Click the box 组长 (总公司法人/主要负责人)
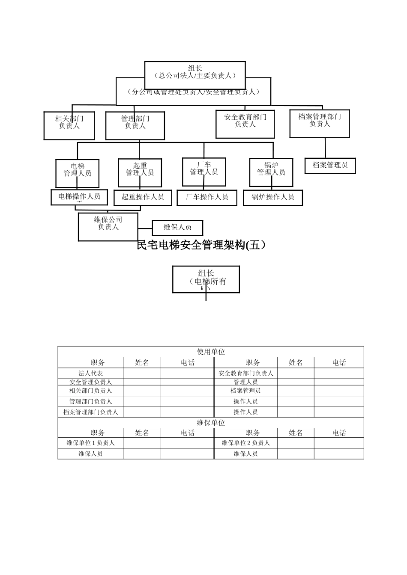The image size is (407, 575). click(x=195, y=71)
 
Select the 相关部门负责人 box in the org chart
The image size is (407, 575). click(x=69, y=125)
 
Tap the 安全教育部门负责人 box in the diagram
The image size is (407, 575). click(x=245, y=124)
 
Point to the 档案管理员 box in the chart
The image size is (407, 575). click(x=330, y=165)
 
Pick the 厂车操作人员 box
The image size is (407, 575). click(x=207, y=197)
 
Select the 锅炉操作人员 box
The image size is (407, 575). click(x=273, y=197)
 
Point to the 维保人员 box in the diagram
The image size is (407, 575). click(x=177, y=227)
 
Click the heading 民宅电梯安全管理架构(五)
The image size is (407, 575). click(x=201, y=245)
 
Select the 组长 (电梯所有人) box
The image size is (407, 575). click(x=206, y=279)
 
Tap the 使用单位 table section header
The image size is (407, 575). click(x=211, y=352)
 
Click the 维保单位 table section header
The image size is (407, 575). click(x=211, y=423)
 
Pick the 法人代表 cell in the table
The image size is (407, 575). click(x=90, y=373)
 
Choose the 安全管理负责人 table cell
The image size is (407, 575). click(x=90, y=382)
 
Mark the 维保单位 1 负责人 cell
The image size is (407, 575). click(x=90, y=443)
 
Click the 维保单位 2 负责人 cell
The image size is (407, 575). click(x=245, y=443)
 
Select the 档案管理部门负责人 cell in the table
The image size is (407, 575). click(x=90, y=412)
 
